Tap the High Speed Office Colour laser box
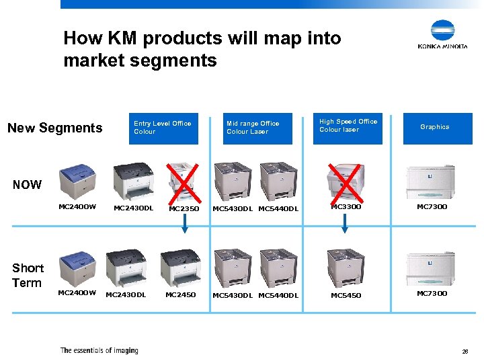pyautogui.click(x=348, y=128)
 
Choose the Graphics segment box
pyautogui.click(x=435, y=128)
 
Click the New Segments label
pyautogui.click(x=54, y=128)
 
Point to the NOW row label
pyautogui.click(x=27, y=184)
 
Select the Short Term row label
pyautogui.click(x=28, y=276)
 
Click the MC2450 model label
pyautogui.click(x=180, y=294)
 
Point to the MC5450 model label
pyautogui.click(x=346, y=295)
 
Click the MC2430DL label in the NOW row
pyautogui.click(x=133, y=208)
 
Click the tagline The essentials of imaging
pyautogui.click(x=99, y=350)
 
